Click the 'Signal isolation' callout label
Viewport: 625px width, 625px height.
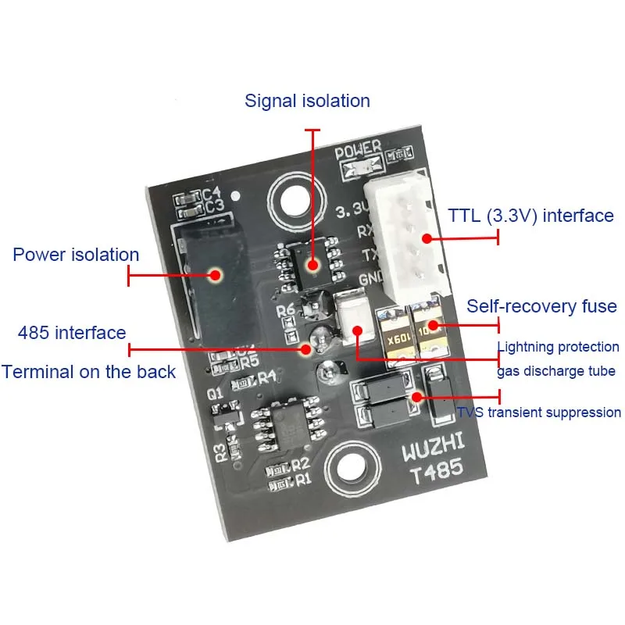click(x=307, y=101)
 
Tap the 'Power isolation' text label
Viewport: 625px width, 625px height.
click(x=76, y=255)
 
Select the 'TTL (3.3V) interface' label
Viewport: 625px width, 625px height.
click(x=530, y=216)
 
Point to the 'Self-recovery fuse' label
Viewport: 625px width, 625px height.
click(x=541, y=306)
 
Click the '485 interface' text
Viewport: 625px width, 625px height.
click(x=72, y=333)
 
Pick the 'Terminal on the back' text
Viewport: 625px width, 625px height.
click(x=88, y=371)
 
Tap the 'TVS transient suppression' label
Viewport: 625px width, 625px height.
click(x=539, y=412)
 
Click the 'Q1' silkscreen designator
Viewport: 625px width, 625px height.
click(x=216, y=395)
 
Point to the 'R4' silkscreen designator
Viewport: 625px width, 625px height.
click(x=267, y=378)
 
